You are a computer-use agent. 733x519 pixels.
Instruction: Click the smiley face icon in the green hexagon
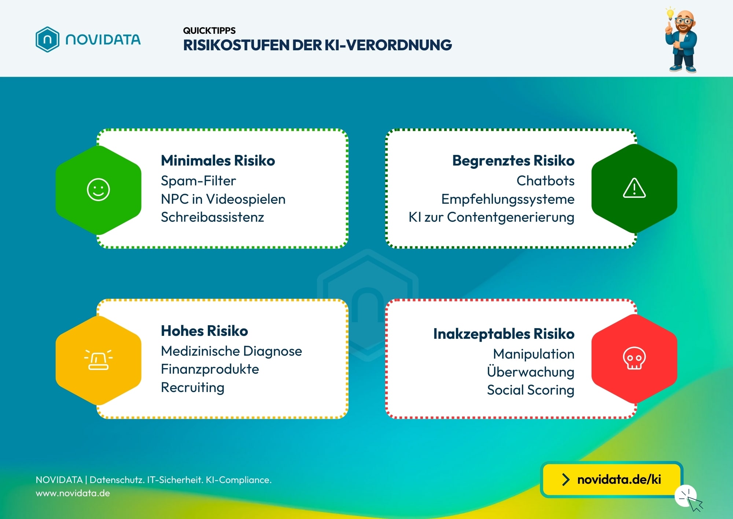click(x=98, y=190)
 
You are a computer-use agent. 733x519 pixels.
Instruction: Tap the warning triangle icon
click(x=634, y=188)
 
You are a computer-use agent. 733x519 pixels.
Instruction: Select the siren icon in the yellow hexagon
click(x=98, y=359)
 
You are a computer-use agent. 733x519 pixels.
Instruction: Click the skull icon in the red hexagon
click(x=634, y=358)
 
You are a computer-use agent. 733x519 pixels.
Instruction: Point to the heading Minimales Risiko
click(x=218, y=160)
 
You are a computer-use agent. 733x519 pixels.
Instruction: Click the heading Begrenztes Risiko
click(x=513, y=160)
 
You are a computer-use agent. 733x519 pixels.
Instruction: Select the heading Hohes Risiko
click(x=205, y=331)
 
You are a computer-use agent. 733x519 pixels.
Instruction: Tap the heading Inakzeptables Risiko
click(x=504, y=334)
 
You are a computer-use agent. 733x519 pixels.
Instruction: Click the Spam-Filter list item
click(x=198, y=181)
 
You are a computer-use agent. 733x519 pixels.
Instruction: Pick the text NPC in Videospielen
click(x=223, y=199)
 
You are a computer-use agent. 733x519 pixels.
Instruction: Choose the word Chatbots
click(x=545, y=181)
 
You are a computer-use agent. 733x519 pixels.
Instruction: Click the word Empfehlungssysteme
click(x=508, y=199)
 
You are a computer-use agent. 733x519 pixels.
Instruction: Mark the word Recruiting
click(x=193, y=387)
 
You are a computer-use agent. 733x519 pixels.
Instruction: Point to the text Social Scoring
click(x=530, y=390)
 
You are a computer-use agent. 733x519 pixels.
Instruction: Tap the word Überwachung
click(x=530, y=371)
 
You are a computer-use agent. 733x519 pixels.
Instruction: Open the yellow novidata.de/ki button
click(x=611, y=479)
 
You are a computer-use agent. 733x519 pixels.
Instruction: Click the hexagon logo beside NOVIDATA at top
click(x=47, y=39)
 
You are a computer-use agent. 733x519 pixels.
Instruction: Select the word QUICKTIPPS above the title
click(x=209, y=30)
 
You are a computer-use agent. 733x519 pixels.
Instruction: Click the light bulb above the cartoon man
click(x=670, y=14)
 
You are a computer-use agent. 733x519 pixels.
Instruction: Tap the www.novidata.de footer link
click(x=73, y=493)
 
